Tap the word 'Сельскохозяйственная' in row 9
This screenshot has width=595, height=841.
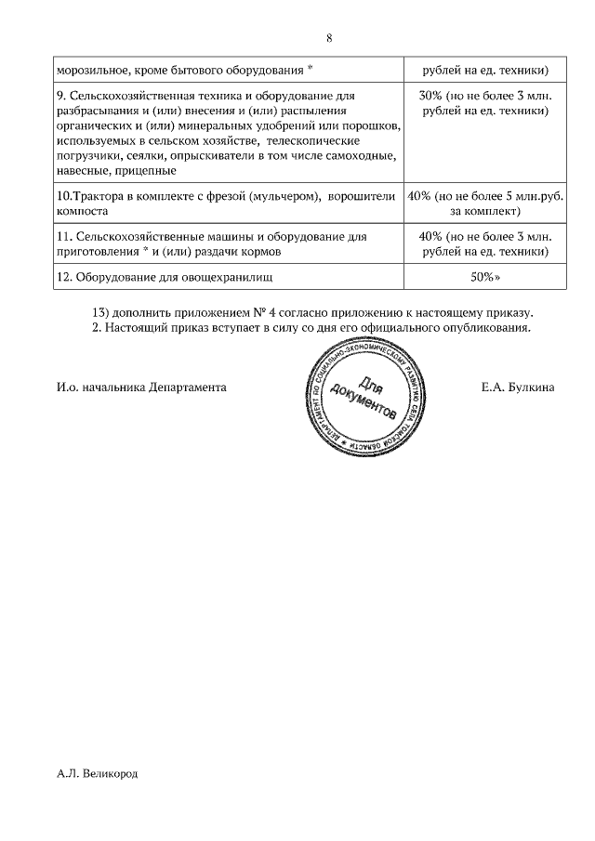pyautogui.click(x=129, y=96)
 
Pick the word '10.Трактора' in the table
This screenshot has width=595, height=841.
pyautogui.click(x=88, y=196)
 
